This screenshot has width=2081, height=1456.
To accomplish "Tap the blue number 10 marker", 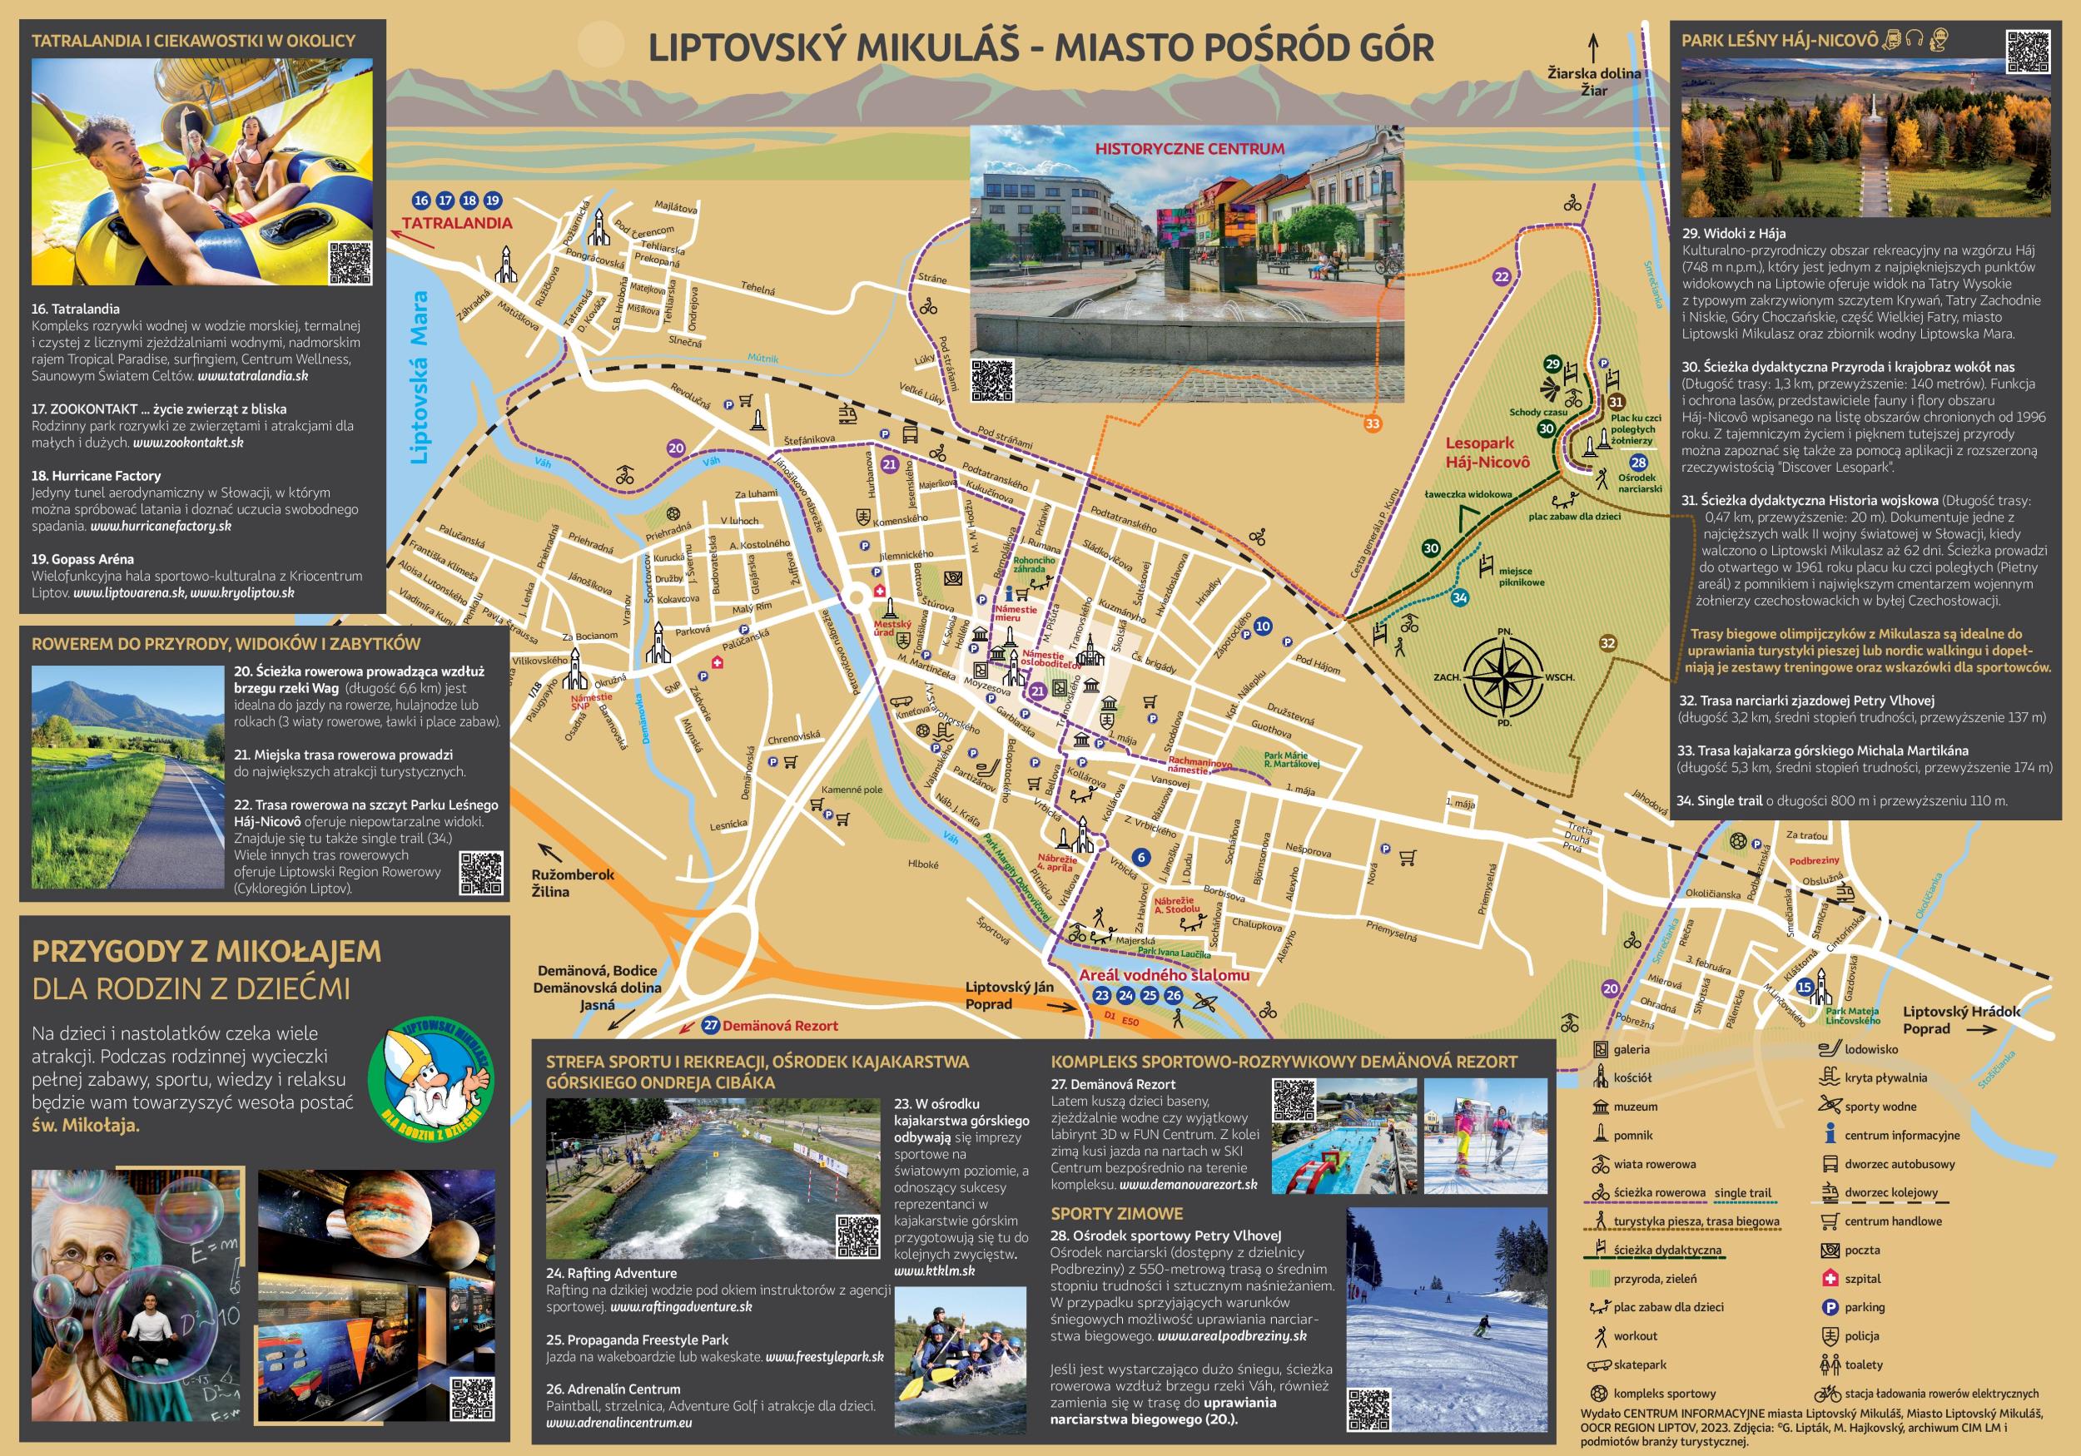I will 1263,626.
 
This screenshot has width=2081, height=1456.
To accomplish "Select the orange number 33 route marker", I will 1373,423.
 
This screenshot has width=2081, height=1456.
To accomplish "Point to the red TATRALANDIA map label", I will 457,223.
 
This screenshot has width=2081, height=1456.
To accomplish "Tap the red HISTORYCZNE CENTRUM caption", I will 1189,149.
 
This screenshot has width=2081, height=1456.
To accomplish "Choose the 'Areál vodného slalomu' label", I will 1164,976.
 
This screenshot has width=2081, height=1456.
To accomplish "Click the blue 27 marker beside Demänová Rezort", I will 711,1026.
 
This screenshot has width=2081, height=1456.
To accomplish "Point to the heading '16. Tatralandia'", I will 75,309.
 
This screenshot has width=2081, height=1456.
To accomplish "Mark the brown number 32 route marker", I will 1608,643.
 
